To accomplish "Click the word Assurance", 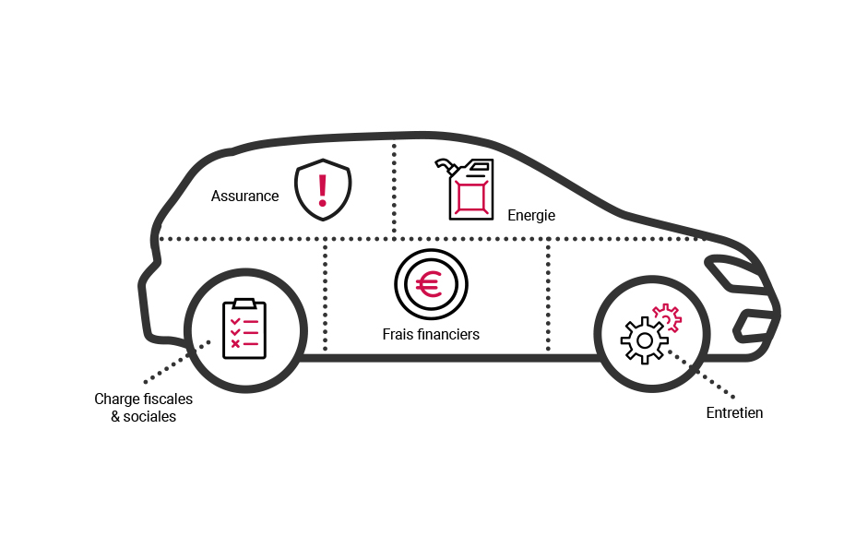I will pyautogui.click(x=244, y=196).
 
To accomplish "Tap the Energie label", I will pyautogui.click(x=531, y=215).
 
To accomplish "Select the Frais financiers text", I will pyautogui.click(x=431, y=334).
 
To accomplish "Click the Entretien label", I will pyautogui.click(x=734, y=412).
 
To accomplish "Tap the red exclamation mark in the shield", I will pyautogui.click(x=322, y=188).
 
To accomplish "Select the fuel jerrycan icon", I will pyautogui.click(x=470, y=189).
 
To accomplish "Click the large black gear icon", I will pyautogui.click(x=643, y=340).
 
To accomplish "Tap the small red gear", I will pyautogui.click(x=667, y=316).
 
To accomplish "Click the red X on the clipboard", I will pyautogui.click(x=235, y=343).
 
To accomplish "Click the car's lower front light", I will pyautogui.click(x=754, y=324).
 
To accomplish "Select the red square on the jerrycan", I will pyautogui.click(x=471, y=197).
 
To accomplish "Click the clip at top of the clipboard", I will pyautogui.click(x=244, y=303).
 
